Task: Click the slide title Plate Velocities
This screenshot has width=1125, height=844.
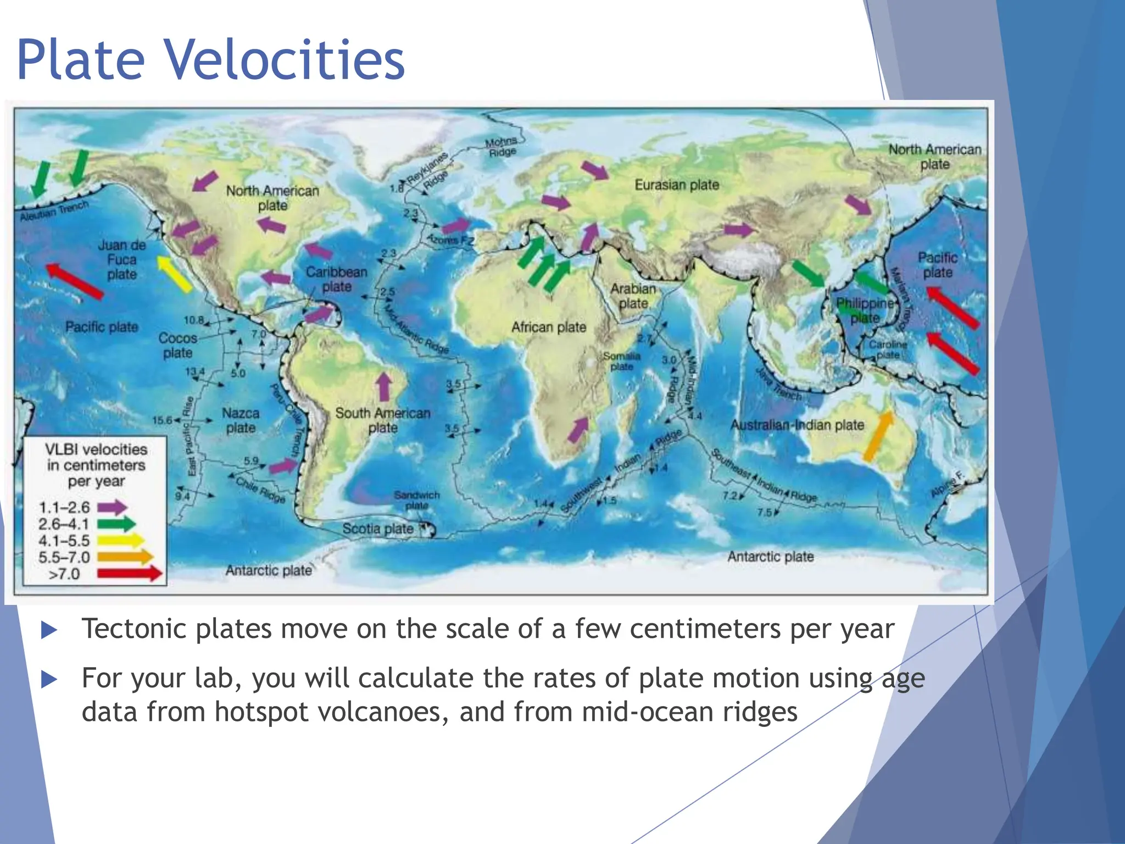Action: (x=211, y=59)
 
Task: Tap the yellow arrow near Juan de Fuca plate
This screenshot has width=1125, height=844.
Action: (x=175, y=273)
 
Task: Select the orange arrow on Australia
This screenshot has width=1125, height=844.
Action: (x=878, y=436)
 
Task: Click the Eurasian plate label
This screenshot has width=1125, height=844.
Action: (x=677, y=185)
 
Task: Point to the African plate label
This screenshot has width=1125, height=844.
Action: (x=549, y=327)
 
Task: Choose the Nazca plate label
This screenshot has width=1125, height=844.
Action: (x=241, y=420)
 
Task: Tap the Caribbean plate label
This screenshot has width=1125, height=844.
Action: (x=337, y=279)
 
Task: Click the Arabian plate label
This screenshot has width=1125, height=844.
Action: (x=633, y=296)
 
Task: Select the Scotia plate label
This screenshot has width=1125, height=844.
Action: (x=378, y=529)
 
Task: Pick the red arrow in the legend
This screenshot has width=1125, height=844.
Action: (x=130, y=574)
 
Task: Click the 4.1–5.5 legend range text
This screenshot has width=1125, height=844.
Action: (x=64, y=541)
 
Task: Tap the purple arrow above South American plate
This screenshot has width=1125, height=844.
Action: (x=384, y=387)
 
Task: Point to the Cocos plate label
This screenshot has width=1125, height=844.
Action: (x=177, y=345)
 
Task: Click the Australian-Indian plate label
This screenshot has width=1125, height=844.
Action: (x=797, y=425)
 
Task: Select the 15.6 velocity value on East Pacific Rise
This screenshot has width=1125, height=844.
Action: (x=162, y=420)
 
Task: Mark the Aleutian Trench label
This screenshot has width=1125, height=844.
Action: (x=54, y=212)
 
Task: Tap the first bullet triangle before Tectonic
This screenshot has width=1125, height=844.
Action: (x=49, y=630)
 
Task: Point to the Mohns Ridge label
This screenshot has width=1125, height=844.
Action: (x=501, y=147)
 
